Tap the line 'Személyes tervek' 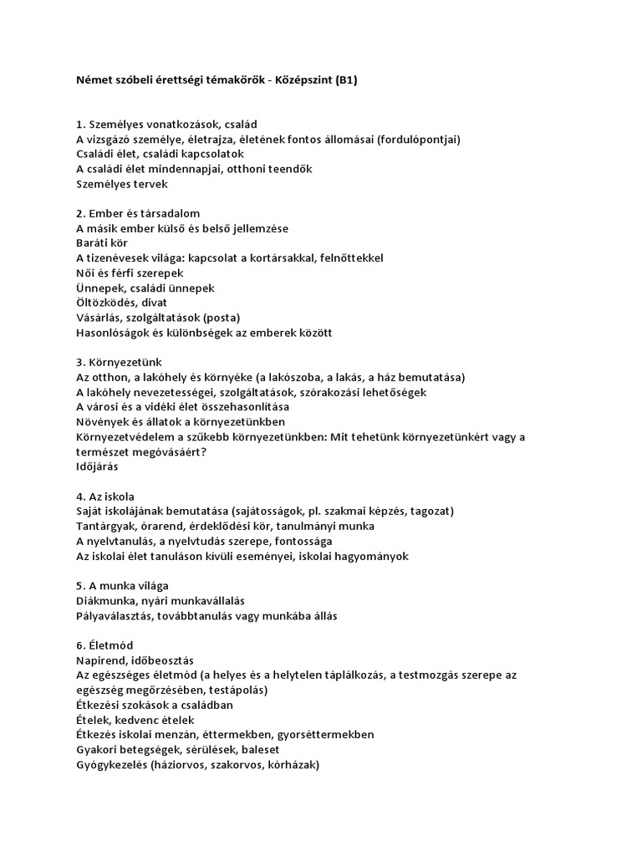pos(122,184)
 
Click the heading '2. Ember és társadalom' pos(138,214)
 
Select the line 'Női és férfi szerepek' pos(130,273)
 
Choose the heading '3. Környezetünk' pos(119,363)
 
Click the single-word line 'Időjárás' pos(97,466)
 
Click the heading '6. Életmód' pos(104,645)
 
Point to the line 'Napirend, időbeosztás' pos(135,660)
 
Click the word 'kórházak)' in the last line pos(293,765)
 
